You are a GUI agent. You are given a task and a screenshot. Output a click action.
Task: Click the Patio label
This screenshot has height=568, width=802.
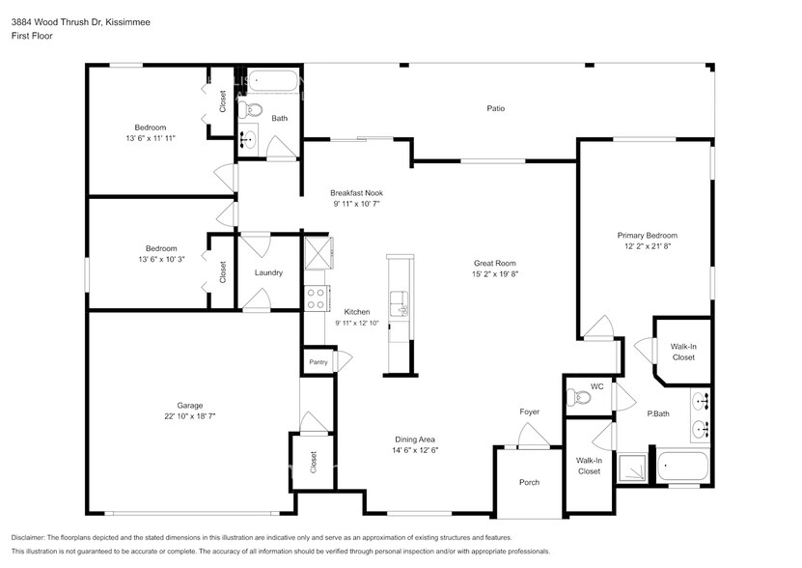click(x=495, y=108)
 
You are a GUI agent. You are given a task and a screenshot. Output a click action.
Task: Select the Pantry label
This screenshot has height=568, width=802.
click(x=318, y=362)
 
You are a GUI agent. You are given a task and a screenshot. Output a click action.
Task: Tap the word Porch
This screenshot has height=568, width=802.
click(x=529, y=482)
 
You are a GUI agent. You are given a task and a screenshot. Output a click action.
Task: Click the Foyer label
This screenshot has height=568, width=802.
click(x=529, y=412)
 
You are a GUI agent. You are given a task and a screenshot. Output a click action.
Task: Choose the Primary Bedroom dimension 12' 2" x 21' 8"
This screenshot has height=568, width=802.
click(x=647, y=247)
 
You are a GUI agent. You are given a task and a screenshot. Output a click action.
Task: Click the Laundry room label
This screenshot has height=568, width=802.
click(x=268, y=272)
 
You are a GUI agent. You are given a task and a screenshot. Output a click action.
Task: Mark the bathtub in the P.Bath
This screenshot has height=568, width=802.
click(x=684, y=466)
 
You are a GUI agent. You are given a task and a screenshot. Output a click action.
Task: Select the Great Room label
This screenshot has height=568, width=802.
click(x=494, y=263)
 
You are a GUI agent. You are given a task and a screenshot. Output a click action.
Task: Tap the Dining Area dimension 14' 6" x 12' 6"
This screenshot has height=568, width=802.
click(x=414, y=450)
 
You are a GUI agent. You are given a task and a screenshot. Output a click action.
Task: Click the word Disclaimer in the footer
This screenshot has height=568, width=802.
click(x=31, y=537)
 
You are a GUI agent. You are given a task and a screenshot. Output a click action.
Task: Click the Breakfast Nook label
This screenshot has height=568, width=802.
click(x=356, y=192)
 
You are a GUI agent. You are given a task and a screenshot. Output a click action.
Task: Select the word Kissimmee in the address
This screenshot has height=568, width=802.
click(x=129, y=20)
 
